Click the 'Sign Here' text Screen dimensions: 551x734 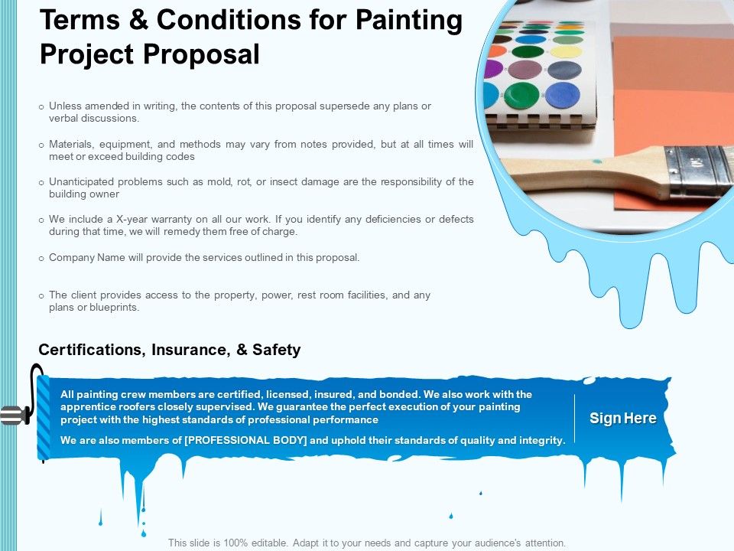[622, 419]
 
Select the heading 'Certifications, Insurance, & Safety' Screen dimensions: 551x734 [169, 350]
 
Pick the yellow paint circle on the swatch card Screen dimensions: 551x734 [566, 53]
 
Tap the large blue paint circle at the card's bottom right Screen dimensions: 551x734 [562, 95]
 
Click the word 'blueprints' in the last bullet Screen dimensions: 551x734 [114, 307]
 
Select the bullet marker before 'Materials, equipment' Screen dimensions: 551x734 [41, 145]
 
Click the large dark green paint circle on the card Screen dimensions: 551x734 [521, 96]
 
